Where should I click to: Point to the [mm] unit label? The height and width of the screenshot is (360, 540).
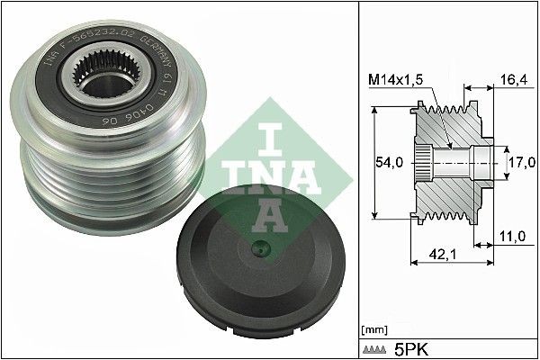pyautogui.click(x=373, y=328)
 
